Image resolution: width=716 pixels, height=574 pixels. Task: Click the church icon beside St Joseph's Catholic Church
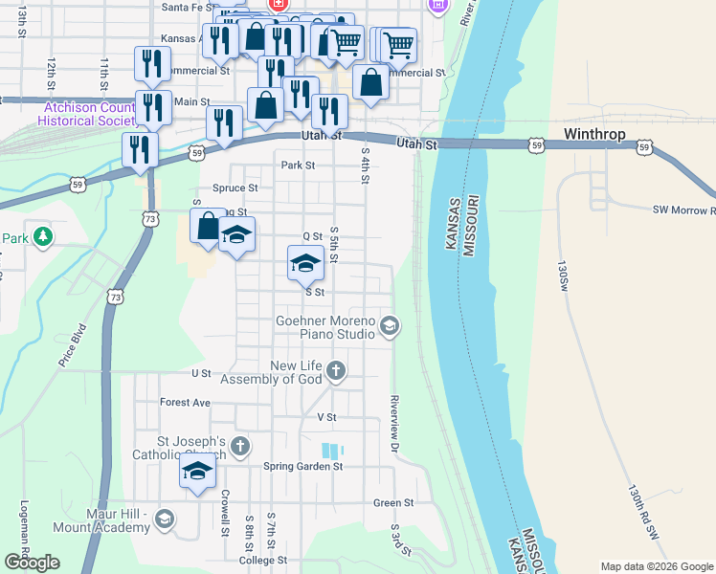(239, 446)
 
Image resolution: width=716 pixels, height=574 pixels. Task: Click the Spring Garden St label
(302, 466)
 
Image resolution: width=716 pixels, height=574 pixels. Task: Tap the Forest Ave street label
(185, 403)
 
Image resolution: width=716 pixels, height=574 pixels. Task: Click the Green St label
(393, 502)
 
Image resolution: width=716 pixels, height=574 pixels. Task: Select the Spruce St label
(235, 188)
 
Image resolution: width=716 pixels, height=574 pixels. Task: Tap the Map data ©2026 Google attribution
(657, 566)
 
